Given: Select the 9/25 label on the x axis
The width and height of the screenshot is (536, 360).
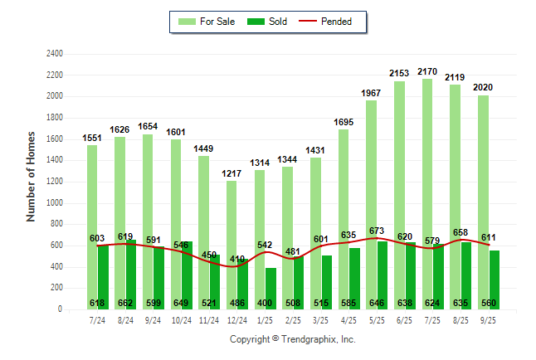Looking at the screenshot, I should [x=489, y=319].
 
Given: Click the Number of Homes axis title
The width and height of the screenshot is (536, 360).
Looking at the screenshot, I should [x=31, y=176].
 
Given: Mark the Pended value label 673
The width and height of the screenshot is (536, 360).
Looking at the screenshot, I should [x=377, y=230].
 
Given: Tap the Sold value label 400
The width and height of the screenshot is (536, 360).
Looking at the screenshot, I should [x=266, y=303].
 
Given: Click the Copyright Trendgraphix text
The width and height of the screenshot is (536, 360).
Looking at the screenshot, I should [x=292, y=339].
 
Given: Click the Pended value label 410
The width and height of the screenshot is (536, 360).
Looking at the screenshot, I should [x=237, y=259].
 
